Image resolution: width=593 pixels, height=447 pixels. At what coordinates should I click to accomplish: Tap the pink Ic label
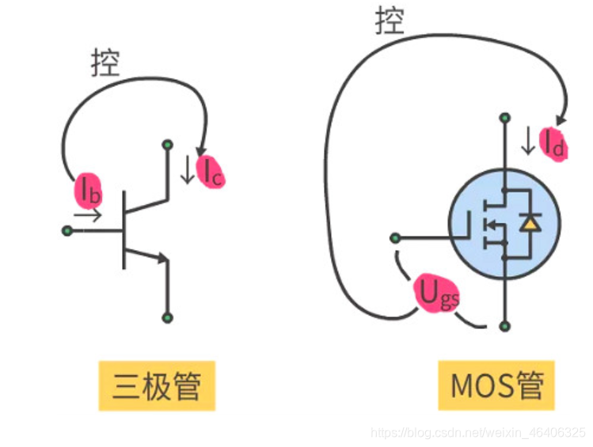211,172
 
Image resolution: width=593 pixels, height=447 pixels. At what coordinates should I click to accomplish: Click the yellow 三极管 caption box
156,386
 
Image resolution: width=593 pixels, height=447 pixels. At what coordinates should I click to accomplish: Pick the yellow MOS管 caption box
497,386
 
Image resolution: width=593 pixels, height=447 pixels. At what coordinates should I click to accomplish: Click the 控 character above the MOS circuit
390,21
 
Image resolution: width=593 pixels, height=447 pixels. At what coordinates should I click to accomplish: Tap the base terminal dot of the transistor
67,231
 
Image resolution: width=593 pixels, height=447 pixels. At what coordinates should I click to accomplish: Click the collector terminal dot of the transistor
167,144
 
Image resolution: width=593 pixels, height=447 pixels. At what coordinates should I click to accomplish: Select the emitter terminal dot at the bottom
167,317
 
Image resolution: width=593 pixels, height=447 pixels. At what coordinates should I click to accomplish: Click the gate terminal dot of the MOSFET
395,237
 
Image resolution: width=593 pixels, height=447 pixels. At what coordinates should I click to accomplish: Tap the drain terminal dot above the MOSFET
504,119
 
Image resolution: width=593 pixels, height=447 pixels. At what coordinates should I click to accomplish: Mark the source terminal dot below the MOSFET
504,325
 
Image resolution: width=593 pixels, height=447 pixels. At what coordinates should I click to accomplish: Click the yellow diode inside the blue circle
529,224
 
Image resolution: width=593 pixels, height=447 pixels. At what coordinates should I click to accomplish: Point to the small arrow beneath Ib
87,214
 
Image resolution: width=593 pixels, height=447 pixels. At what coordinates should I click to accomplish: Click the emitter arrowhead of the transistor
163,258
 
